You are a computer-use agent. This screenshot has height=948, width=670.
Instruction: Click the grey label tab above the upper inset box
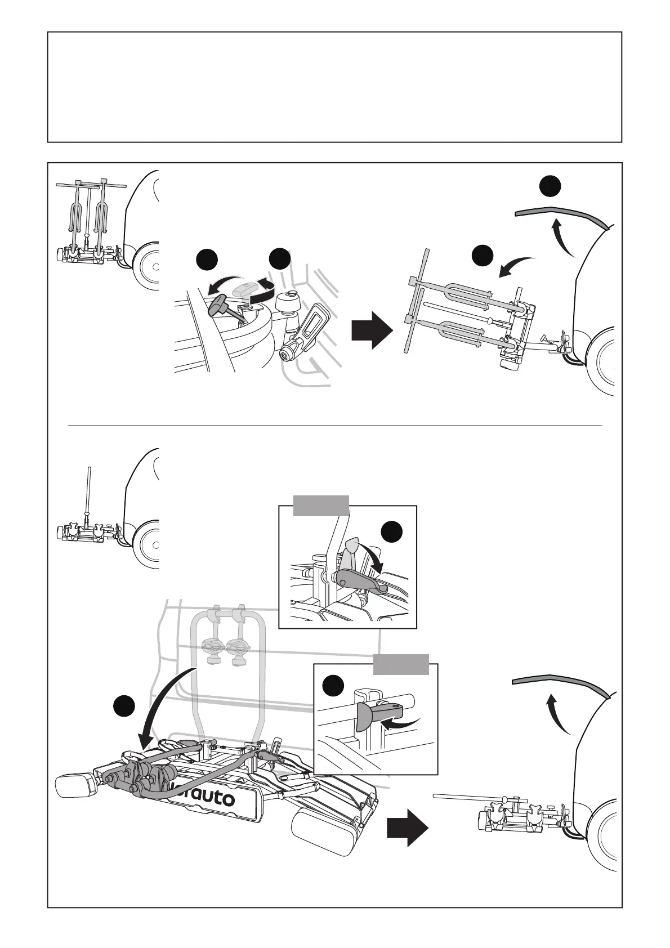pos(321,505)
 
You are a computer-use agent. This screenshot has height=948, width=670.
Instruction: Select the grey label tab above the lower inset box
pos(401,664)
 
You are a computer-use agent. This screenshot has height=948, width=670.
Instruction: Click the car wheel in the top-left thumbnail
pos(148,265)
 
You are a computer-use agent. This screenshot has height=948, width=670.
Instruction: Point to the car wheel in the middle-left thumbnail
pos(148,543)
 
